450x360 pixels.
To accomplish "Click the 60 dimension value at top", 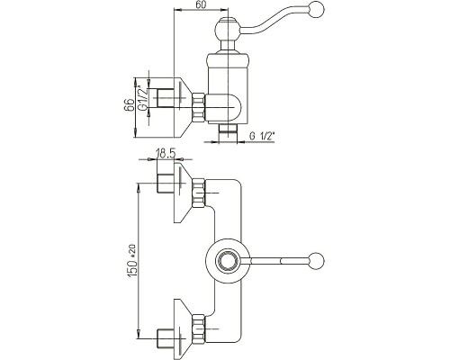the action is click(201, 5).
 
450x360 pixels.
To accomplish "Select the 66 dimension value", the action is click(129, 105).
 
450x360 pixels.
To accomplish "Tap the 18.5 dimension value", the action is click(165, 154).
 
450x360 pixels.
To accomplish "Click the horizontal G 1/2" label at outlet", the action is click(262, 137).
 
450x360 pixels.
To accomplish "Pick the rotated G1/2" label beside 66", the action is click(144, 97).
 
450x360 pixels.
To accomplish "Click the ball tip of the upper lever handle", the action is click(317, 8).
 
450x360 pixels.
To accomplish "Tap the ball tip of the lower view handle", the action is click(317, 260).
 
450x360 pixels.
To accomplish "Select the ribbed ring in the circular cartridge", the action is click(228, 260).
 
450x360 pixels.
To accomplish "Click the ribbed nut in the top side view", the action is click(198, 107).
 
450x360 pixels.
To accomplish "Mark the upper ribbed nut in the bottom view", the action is click(198, 193).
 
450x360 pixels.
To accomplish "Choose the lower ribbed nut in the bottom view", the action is click(198, 328).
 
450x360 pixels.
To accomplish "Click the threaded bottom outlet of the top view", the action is click(228, 130).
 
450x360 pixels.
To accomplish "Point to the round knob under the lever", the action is click(227, 31).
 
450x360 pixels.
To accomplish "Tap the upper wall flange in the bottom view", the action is click(183, 193).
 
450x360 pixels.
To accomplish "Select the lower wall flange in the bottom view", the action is click(183, 328).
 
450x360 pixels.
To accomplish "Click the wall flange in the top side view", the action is click(183, 107).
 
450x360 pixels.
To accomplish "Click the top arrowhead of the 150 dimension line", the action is click(139, 188).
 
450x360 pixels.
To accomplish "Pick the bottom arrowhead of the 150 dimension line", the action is click(139, 334).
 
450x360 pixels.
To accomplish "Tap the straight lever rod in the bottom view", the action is click(280, 260).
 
